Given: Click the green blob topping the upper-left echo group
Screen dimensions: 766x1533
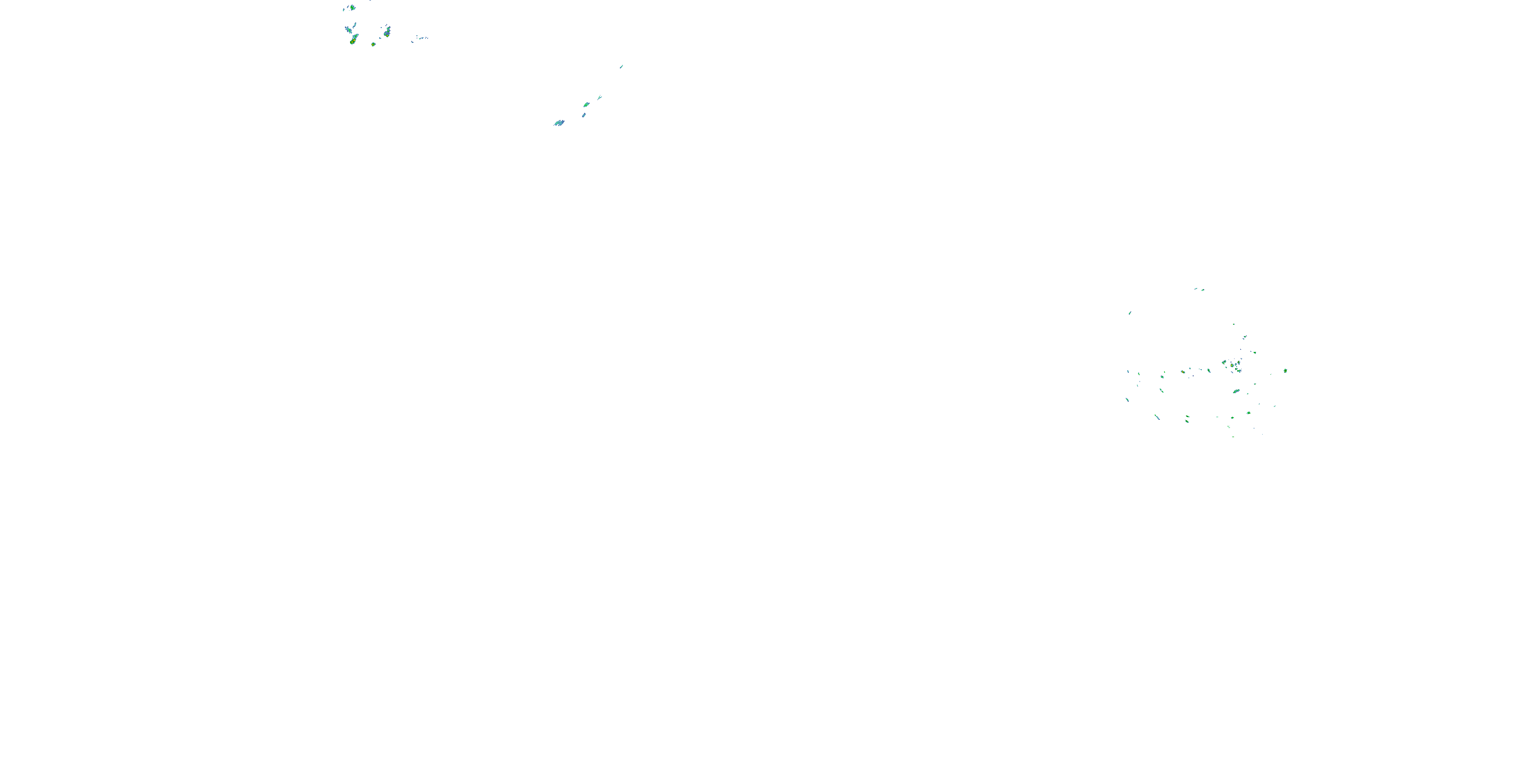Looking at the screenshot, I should [x=352, y=8].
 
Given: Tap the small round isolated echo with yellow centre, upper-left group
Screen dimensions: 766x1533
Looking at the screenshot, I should [x=373, y=44].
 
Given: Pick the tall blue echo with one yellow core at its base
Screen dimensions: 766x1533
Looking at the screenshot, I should [x=387, y=32].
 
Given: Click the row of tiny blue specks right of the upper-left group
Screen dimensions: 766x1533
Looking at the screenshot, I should [x=421, y=38].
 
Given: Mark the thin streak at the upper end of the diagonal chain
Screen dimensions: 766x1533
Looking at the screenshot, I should [x=621, y=66].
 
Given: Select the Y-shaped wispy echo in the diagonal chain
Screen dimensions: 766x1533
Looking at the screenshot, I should [x=599, y=97].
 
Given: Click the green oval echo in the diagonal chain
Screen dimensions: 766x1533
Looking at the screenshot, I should [x=586, y=105].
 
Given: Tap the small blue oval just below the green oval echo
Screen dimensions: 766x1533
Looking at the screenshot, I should [x=584, y=115].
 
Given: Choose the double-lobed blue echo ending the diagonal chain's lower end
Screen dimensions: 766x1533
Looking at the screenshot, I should [x=559, y=123].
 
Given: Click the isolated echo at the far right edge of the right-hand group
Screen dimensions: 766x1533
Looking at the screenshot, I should [x=1286, y=371].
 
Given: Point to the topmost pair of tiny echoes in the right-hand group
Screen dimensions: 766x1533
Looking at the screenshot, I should [x=1198, y=289].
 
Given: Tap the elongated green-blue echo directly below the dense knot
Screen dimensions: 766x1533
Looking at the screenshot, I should [x=1236, y=391].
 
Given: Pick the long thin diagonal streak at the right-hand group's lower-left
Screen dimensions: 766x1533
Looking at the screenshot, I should [x=1157, y=417].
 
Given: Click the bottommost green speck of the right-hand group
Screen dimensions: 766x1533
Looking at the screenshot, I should [x=1233, y=437].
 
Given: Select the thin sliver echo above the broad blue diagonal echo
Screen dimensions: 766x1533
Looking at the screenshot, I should [x=355, y=25].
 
